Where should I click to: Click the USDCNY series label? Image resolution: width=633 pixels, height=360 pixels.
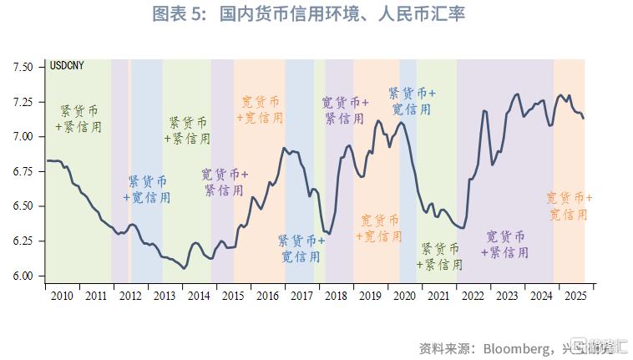67,66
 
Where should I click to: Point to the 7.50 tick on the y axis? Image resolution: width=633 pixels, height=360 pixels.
23,67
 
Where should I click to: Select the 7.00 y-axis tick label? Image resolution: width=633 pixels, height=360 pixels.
23,136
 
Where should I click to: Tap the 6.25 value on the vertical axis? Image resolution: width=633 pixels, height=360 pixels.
23,241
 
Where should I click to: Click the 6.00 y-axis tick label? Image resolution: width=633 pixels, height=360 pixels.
23,276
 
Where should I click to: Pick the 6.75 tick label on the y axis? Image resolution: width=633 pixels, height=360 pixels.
23,171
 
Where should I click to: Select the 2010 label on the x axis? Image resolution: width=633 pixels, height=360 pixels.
62,296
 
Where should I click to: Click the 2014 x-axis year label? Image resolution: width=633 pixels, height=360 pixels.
199,296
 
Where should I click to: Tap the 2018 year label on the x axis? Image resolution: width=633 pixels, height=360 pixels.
336,296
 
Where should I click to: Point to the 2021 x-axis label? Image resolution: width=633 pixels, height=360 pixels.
438,296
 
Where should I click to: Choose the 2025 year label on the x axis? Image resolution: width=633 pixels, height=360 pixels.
575,296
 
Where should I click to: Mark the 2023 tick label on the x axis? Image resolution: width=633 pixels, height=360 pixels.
507,296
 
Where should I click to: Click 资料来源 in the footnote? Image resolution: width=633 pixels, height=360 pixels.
446,347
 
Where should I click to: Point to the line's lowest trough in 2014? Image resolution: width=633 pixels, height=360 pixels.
185,267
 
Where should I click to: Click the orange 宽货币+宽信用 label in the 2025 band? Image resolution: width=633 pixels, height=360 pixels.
569,206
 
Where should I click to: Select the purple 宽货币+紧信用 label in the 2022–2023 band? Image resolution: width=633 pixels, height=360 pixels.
506,244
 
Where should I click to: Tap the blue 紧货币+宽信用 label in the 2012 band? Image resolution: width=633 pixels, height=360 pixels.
148,190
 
